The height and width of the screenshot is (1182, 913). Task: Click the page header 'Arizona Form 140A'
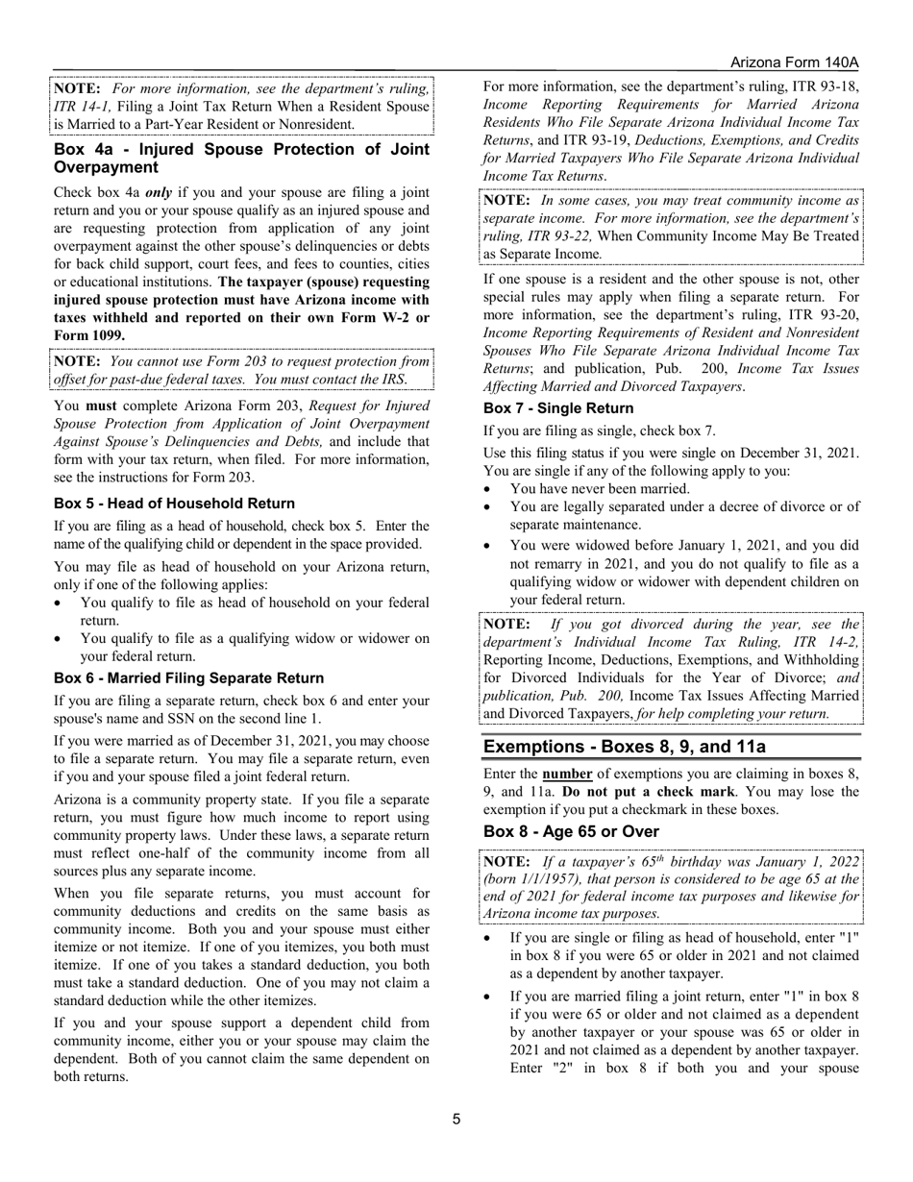point(794,62)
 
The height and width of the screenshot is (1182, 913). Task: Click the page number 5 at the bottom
point(456,1119)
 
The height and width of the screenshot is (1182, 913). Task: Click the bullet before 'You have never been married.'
point(489,488)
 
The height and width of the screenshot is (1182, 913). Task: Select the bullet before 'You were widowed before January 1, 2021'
point(489,544)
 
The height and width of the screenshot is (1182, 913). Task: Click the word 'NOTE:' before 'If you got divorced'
point(506,624)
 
